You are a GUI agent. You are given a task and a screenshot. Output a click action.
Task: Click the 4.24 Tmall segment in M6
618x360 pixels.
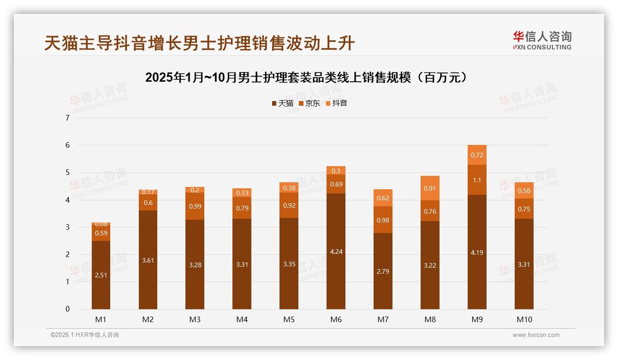pos(336,252)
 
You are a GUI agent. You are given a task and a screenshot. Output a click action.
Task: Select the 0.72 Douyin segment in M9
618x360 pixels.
pos(477,155)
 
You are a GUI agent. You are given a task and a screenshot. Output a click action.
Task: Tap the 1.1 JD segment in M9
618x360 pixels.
pos(477,180)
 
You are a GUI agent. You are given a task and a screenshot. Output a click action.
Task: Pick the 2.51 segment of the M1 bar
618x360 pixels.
pos(101,275)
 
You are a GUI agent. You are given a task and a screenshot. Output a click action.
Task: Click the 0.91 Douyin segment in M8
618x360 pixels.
pos(430,188)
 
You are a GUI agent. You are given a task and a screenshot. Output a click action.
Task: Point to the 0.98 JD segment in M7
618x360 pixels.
pos(383,220)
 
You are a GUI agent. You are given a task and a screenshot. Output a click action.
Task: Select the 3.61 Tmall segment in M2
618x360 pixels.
pos(148,260)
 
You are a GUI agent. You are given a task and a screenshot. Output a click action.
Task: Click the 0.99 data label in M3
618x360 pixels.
pos(195,206)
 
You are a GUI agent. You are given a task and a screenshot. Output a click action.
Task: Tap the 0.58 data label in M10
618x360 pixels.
pos(524,191)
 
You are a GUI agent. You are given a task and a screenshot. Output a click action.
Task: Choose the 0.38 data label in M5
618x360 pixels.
pos(289,188)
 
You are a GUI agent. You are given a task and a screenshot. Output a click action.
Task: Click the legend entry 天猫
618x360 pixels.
pos(282,103)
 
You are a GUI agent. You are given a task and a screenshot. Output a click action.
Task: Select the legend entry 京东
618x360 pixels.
pos(309,103)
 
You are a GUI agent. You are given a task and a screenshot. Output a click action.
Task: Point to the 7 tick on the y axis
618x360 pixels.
pos(68,118)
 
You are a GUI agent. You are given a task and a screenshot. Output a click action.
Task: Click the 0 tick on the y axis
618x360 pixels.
pos(68,309)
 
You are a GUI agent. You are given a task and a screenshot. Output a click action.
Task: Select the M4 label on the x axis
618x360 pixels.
pos(242,319)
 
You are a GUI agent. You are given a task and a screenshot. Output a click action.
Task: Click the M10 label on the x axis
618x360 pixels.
pos(524,319)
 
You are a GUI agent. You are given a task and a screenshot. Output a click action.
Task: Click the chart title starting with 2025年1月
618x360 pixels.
pos(309,78)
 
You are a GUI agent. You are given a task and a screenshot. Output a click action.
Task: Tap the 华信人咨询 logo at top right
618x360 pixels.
pos(542,40)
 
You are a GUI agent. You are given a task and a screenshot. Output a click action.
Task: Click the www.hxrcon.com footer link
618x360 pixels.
pos(536,335)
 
